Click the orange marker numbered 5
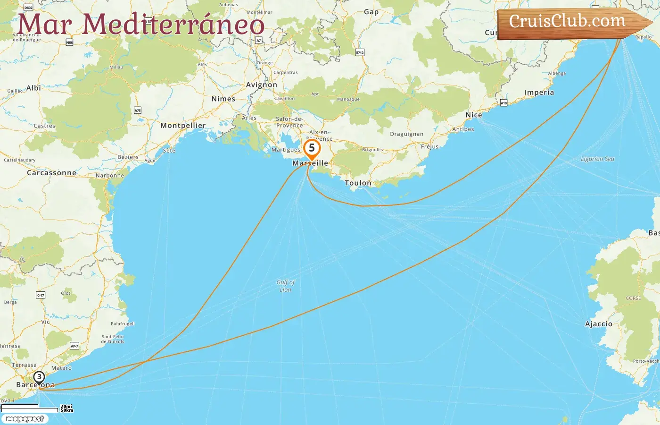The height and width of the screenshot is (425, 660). pyautogui.click(x=312, y=148)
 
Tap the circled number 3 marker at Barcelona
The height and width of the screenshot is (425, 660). pyautogui.click(x=39, y=377)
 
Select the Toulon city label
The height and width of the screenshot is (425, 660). pyautogui.click(x=358, y=183)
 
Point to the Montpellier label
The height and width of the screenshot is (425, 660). pyautogui.click(x=183, y=126)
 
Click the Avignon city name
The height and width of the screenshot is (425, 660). pyautogui.click(x=262, y=85)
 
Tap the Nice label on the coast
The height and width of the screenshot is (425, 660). pyautogui.click(x=474, y=115)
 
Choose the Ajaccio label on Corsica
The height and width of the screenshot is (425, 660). pyautogui.click(x=598, y=324)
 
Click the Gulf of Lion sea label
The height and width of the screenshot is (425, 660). pyautogui.click(x=286, y=286)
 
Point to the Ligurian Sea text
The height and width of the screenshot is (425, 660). pyautogui.click(x=597, y=159)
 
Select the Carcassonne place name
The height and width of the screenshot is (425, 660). pyautogui.click(x=51, y=173)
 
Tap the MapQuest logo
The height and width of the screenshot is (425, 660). pyautogui.click(x=25, y=419)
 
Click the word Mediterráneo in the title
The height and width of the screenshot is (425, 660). pyautogui.click(x=173, y=25)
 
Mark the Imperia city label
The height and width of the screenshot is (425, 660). pyautogui.click(x=539, y=93)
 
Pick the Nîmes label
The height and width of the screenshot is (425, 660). pyautogui.click(x=223, y=99)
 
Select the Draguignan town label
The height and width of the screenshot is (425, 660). pyautogui.click(x=406, y=134)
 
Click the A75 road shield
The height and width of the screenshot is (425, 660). pyautogui.click(x=138, y=110)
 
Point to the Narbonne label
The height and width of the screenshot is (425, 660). pyautogui.click(x=110, y=176)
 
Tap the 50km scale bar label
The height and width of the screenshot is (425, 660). pyautogui.click(x=67, y=410)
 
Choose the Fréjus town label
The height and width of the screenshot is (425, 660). pyautogui.click(x=429, y=147)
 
